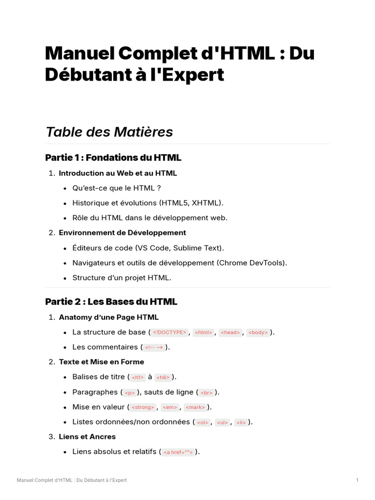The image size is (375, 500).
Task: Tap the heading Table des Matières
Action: tap(109, 132)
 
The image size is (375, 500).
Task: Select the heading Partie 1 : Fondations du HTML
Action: tap(113, 157)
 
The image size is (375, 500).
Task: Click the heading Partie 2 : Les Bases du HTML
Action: tap(111, 301)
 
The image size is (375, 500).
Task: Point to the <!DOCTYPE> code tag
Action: tap(169, 333)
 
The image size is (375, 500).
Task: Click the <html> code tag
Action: tap(203, 333)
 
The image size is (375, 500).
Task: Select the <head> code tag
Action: tap(230, 333)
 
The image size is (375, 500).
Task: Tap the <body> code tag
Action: tap(258, 333)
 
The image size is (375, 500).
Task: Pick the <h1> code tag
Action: tap(138, 377)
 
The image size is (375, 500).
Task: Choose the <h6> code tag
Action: tap(163, 377)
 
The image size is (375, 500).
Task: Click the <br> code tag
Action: tap(207, 393)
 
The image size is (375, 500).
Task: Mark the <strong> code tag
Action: tap(143, 407)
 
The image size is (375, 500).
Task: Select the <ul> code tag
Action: tap(222, 422)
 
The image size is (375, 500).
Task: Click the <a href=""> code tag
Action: tap(179, 452)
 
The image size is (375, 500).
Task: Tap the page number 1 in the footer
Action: tap(357, 480)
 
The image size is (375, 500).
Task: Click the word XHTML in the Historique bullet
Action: tap(206, 203)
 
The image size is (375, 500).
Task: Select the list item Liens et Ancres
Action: tap(87, 437)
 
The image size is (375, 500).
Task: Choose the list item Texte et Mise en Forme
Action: tap(101, 362)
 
